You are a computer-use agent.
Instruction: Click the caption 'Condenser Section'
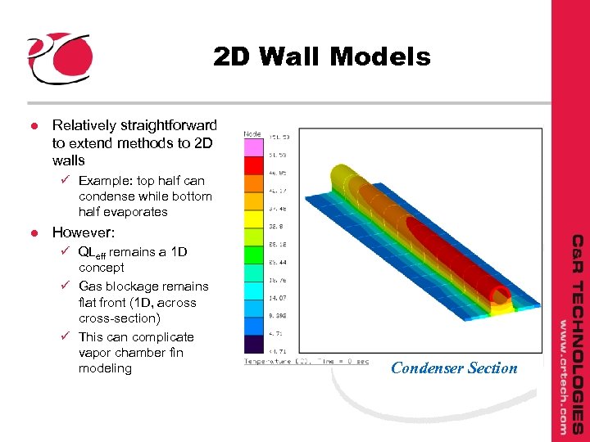tap(454, 368)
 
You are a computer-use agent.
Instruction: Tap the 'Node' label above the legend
tap(252, 133)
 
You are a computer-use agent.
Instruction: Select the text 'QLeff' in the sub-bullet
tap(92, 252)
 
